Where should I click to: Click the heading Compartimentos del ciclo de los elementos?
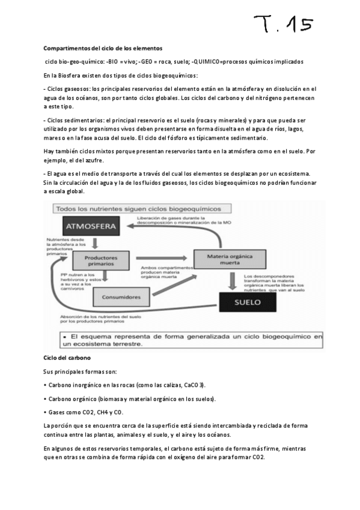[x=103, y=48]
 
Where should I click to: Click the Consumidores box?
[x=122, y=296]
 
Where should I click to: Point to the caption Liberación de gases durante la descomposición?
[x=180, y=220]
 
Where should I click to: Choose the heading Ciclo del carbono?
[x=66, y=357]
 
